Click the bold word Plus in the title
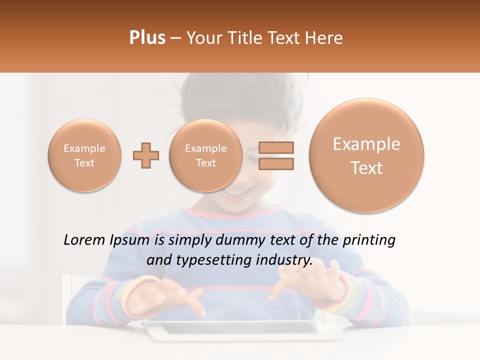(147, 38)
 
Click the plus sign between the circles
(146, 155)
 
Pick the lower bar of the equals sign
(276, 163)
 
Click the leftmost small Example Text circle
(84, 155)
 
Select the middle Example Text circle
(205, 155)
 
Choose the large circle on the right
(366, 155)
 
